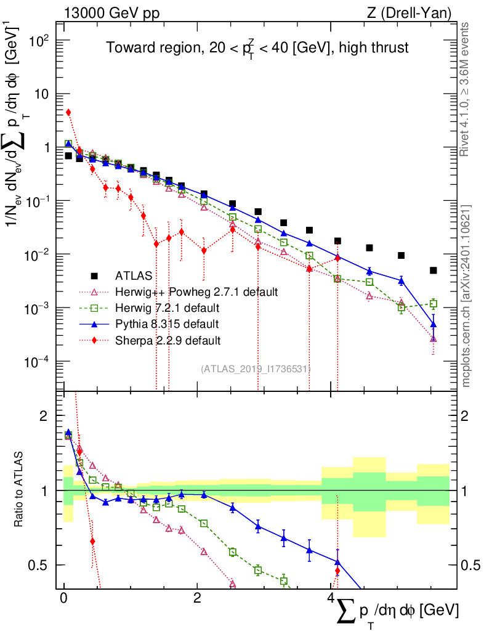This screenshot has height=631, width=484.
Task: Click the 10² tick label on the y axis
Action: click(x=39, y=41)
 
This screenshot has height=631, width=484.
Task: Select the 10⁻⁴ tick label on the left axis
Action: click(x=38, y=362)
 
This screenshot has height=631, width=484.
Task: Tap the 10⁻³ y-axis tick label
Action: click(x=38, y=308)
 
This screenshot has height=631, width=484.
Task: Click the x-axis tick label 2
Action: click(x=196, y=598)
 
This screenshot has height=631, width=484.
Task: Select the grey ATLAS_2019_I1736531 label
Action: click(x=256, y=368)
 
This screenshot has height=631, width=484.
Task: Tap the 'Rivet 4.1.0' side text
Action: click(x=466, y=89)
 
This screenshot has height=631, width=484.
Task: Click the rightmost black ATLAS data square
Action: click(x=434, y=271)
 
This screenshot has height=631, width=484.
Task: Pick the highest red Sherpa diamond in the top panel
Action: click(x=68, y=112)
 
